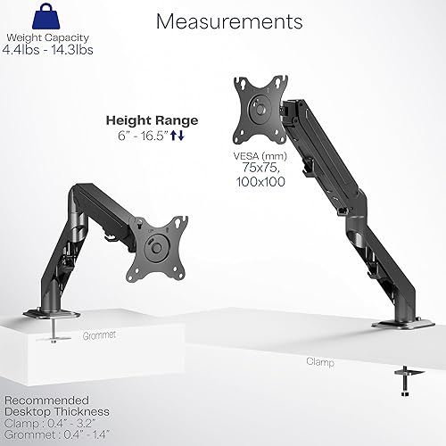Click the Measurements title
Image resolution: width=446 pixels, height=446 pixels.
(228, 21)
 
